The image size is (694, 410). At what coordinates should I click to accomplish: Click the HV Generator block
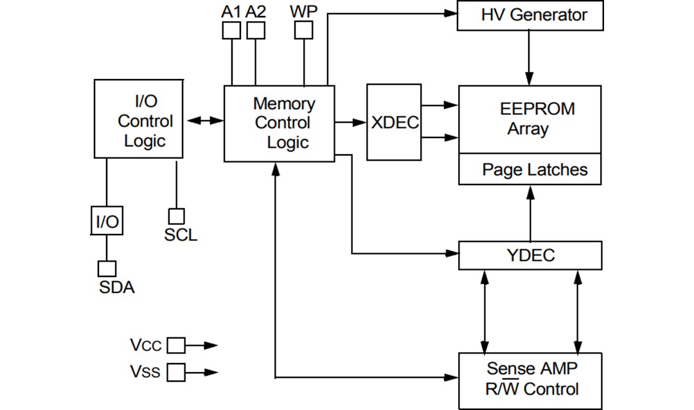tap(530, 15)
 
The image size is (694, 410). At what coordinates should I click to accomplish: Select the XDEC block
tap(394, 122)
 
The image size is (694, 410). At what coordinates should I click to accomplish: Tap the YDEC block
tap(530, 255)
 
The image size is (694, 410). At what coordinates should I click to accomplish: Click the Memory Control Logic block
tap(279, 123)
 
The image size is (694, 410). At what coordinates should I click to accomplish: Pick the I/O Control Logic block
tap(138, 119)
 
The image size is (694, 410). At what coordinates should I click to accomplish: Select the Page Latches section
tap(530, 170)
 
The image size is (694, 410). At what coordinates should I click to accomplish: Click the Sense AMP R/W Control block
tap(530, 380)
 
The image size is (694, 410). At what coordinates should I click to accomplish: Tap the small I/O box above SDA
tap(107, 222)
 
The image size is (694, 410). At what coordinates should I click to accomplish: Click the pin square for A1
tap(231, 30)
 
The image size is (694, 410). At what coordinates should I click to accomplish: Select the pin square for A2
tap(256, 30)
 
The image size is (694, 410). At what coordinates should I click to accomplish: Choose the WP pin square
tap(303, 30)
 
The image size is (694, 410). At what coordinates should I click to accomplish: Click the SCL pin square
tap(176, 216)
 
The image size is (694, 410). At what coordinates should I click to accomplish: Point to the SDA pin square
tap(107, 268)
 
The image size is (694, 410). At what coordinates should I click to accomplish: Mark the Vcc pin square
tap(176, 346)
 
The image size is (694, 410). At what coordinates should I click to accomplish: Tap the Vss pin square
tap(176, 372)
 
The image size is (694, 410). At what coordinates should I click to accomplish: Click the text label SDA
tap(116, 287)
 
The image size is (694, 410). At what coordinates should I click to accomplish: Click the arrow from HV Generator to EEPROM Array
tap(529, 58)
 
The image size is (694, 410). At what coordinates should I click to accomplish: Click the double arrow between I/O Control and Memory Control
tap(203, 120)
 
